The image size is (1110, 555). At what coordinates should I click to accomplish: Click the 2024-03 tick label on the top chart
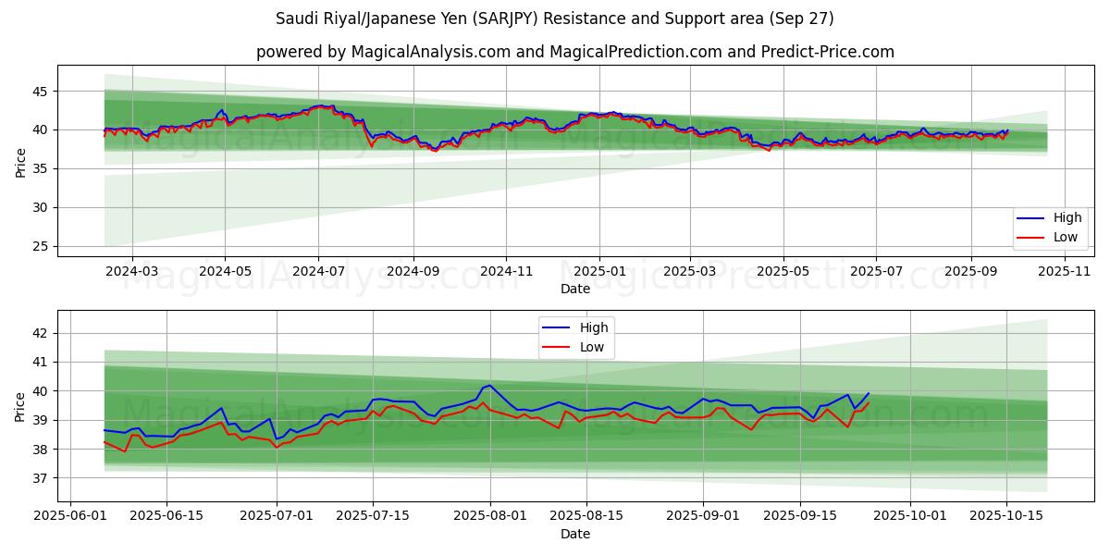coord(132,271)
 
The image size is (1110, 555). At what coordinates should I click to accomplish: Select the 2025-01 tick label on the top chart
coord(599,271)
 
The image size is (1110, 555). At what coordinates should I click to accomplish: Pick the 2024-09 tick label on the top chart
coord(413,271)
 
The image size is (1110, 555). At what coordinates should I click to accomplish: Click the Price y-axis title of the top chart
coord(20,162)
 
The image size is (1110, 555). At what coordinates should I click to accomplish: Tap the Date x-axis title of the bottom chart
coord(575,534)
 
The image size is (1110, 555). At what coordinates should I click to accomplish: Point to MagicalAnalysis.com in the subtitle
coord(431,52)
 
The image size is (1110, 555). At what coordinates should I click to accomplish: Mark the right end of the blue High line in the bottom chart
coord(869,393)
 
